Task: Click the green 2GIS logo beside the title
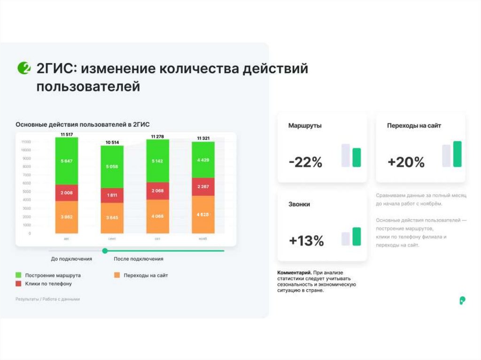(x=23, y=68)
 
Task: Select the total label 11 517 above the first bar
(x=66, y=135)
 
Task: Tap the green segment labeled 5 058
(x=112, y=167)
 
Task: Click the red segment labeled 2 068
(x=157, y=191)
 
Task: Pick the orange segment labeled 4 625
(x=203, y=214)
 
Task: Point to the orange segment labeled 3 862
(x=66, y=217)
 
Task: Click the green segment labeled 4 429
(x=203, y=160)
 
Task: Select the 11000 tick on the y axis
(x=26, y=141)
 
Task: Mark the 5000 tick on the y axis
(x=26, y=191)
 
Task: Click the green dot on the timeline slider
(x=105, y=251)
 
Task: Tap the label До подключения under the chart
(x=71, y=259)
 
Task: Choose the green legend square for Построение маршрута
(x=19, y=275)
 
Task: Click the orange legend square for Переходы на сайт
(x=117, y=275)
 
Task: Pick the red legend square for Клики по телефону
(x=19, y=283)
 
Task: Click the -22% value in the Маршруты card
(x=305, y=162)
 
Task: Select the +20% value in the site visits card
(x=406, y=162)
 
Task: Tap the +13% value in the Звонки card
(x=306, y=241)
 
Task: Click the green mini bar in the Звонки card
(x=357, y=237)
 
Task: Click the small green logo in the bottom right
(x=462, y=300)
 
